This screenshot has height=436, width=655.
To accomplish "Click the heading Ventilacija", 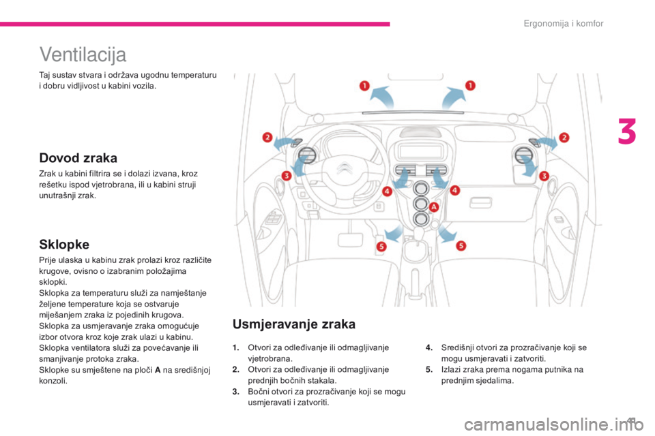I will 83,52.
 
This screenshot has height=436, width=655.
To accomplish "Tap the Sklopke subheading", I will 63,243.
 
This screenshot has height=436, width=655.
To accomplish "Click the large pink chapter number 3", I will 627,133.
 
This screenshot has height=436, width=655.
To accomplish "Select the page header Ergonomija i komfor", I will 563,24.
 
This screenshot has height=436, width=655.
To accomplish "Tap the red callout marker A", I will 433,206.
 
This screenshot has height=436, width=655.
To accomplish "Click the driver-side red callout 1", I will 364,86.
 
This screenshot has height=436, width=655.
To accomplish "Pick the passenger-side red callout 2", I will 564,138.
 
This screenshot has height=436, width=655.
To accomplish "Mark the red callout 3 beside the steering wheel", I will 287,176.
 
